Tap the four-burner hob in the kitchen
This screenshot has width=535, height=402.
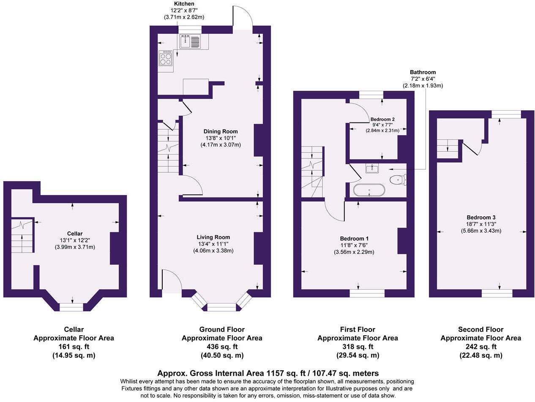tap(166, 58)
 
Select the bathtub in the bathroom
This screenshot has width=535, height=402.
tap(369, 190)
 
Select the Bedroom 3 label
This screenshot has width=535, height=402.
tap(481, 217)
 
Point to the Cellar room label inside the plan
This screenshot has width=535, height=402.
tap(74, 234)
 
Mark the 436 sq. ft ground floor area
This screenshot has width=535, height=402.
tap(221, 347)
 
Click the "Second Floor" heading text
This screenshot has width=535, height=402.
tap(480, 329)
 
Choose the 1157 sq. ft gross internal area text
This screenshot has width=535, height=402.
tap(267, 373)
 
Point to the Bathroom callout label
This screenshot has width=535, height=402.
tap(422, 72)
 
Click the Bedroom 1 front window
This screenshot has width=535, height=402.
tap(367, 293)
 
